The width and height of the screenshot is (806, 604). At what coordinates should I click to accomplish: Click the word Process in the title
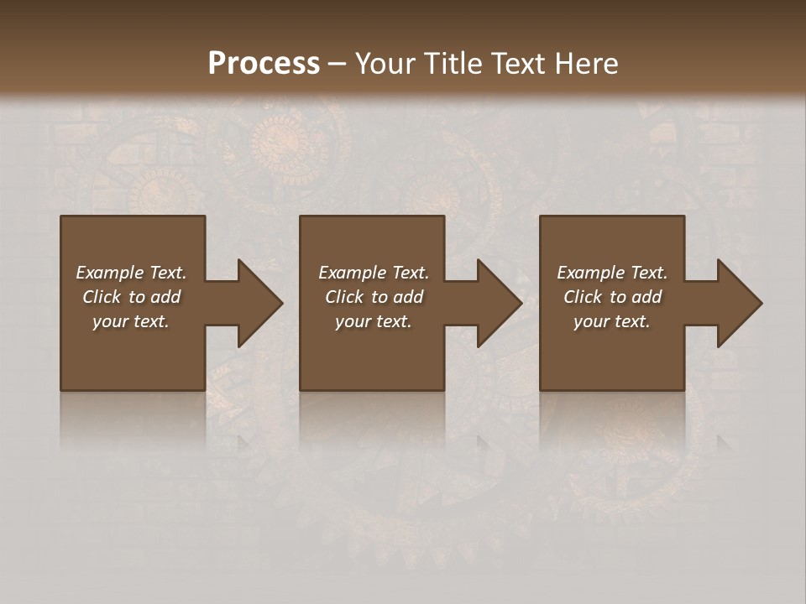[264, 64]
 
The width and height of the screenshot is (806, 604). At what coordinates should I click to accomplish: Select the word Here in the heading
[586, 64]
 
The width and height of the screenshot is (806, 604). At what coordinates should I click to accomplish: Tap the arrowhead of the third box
[738, 303]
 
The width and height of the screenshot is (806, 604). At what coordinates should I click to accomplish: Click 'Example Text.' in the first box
[131, 273]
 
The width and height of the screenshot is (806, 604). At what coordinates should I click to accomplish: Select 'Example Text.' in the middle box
[374, 273]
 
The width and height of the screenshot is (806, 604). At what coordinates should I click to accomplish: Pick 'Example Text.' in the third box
[612, 273]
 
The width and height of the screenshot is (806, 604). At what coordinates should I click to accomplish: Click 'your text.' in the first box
[131, 321]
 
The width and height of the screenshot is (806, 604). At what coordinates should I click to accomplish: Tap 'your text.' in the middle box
[374, 321]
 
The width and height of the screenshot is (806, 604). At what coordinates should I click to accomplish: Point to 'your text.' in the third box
[612, 321]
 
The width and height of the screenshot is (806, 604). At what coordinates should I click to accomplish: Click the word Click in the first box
[102, 297]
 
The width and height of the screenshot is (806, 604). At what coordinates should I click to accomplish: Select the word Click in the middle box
[344, 297]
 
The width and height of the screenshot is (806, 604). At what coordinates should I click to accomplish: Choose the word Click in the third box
[583, 297]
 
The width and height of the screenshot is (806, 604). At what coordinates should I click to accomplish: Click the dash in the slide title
[337, 64]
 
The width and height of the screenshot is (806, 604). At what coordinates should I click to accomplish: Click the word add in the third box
[646, 297]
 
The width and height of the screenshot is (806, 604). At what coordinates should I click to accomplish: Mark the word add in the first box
[165, 297]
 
